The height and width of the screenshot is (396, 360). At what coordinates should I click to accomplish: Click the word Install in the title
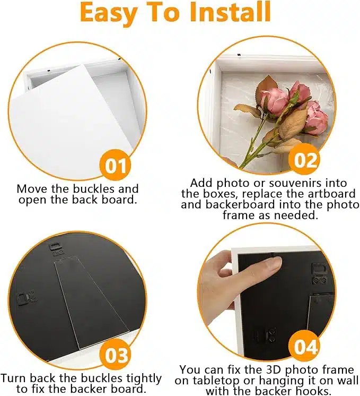pyautogui.click(x=231, y=12)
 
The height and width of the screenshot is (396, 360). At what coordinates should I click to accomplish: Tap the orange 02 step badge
pyautogui.click(x=305, y=160)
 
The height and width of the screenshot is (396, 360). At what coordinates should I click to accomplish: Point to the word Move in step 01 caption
pyautogui.click(x=32, y=188)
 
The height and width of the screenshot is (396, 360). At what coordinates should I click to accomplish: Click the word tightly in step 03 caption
pyautogui.click(x=144, y=379)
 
